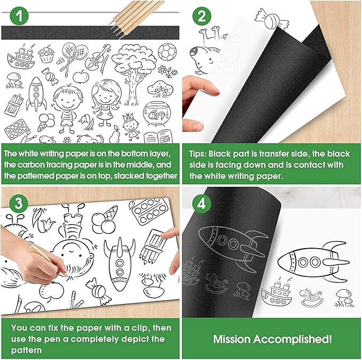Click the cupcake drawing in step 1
pyautogui.click(x=47, y=55)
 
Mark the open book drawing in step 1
pyautogui.click(x=166, y=134)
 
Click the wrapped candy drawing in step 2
pyautogui.click(x=263, y=15)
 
